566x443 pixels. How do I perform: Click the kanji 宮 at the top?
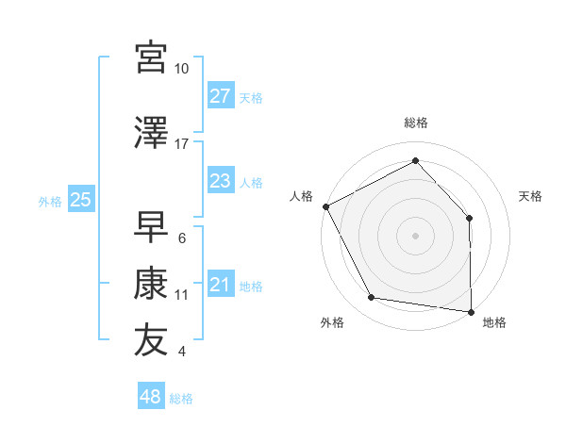[x=151, y=58]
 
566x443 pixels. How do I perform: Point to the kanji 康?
[x=151, y=284]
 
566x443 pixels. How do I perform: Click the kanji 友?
[x=151, y=340]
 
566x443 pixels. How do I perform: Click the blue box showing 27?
[x=221, y=96]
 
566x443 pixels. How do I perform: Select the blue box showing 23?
[x=221, y=182]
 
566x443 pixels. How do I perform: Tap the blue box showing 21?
[x=221, y=286]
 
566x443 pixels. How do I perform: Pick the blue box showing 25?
[x=81, y=200]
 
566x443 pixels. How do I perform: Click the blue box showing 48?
[x=151, y=397]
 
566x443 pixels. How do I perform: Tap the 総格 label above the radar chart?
[x=416, y=123]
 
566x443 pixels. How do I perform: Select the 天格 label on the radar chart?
[x=531, y=196]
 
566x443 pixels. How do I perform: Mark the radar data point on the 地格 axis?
[x=471, y=310]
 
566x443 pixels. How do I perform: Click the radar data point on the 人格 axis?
[x=325, y=206]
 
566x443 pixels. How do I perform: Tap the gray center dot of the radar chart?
[x=416, y=235]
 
